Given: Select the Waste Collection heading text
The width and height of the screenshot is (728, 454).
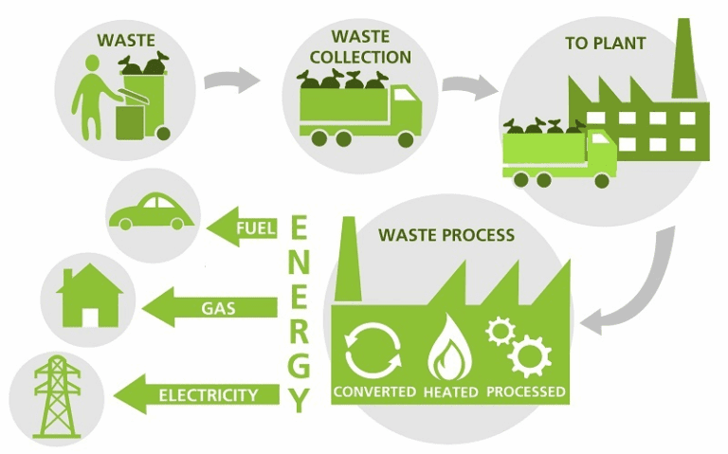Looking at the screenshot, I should pos(360,47).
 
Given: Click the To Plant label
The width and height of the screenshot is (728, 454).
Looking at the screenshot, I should pos(606,44).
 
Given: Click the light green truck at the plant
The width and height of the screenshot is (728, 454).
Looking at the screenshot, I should pos(559,156).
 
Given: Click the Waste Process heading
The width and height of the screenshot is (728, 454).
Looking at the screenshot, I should pos(446,234).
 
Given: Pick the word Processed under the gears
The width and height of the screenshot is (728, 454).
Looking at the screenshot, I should pos(526,391).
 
